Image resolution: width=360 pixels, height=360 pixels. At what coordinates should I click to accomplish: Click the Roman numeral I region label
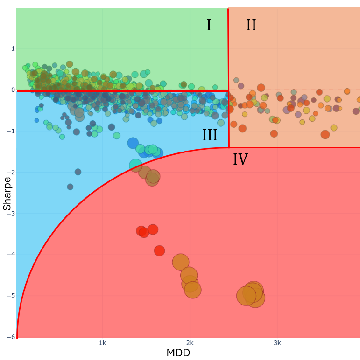coord(209,25)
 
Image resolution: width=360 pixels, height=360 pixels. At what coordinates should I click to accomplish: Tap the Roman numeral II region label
coord(251,25)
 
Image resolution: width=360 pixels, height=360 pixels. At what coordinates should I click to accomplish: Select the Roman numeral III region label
coord(210,135)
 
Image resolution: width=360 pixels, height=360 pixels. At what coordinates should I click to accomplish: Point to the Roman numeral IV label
coord(240,160)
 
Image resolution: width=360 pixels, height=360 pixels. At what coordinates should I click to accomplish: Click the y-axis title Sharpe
coord(7,193)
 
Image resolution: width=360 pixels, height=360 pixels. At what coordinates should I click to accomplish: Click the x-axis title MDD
coord(178,353)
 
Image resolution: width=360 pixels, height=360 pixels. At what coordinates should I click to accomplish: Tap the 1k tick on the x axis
coord(102,343)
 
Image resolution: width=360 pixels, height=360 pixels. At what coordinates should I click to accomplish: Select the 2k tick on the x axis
coord(190,343)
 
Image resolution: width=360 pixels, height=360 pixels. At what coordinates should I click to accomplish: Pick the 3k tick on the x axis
coord(277,343)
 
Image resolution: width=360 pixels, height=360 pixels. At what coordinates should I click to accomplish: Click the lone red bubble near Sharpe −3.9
coord(159,250)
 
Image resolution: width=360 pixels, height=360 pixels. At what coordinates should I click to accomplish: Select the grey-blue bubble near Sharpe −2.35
coord(70,187)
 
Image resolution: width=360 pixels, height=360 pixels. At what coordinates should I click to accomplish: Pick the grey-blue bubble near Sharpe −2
coord(78,172)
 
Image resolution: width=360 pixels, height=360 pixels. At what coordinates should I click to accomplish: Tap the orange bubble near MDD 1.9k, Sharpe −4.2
coord(181,262)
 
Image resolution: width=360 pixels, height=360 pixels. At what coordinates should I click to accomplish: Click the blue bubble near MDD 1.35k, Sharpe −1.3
coord(133,143)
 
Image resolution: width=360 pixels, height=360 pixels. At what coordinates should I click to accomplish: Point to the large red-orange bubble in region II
coord(325,134)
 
